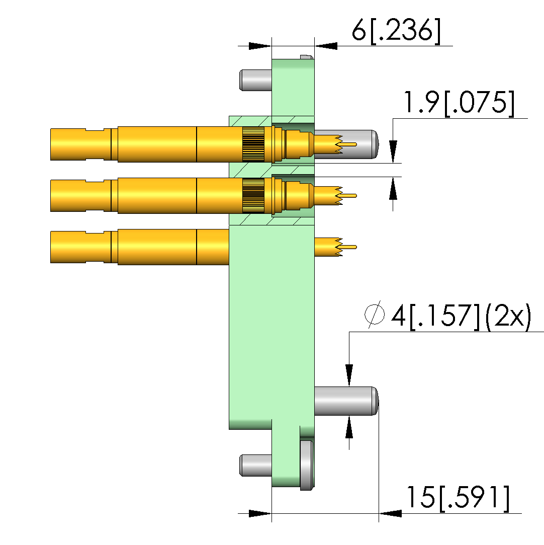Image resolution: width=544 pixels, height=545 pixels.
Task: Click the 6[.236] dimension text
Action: click(x=396, y=31)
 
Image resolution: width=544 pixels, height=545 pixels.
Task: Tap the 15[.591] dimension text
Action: click(x=458, y=498)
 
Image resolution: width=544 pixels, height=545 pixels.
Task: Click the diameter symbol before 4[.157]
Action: click(x=375, y=314)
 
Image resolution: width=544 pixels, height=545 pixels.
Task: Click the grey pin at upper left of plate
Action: click(x=255, y=80)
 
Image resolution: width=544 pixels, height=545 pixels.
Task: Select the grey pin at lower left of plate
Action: click(x=255, y=465)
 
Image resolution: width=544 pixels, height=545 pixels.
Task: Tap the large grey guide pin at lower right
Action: click(x=346, y=401)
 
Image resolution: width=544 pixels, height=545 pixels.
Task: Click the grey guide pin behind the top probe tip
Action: click(x=357, y=144)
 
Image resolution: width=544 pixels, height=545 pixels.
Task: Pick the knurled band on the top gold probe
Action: click(x=253, y=144)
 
